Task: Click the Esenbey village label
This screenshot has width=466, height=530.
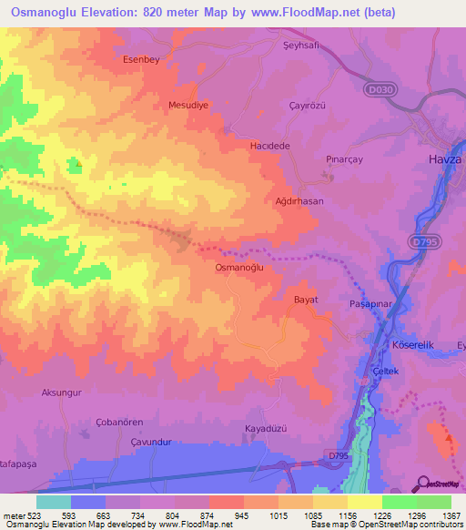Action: click(x=141, y=59)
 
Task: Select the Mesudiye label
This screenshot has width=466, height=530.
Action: click(x=189, y=106)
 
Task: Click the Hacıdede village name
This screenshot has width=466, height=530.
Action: click(x=269, y=146)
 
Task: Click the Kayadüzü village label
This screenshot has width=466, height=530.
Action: click(x=267, y=428)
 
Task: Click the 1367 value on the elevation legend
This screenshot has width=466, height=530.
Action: click(x=451, y=515)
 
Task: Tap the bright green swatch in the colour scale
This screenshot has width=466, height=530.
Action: click(x=399, y=502)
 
